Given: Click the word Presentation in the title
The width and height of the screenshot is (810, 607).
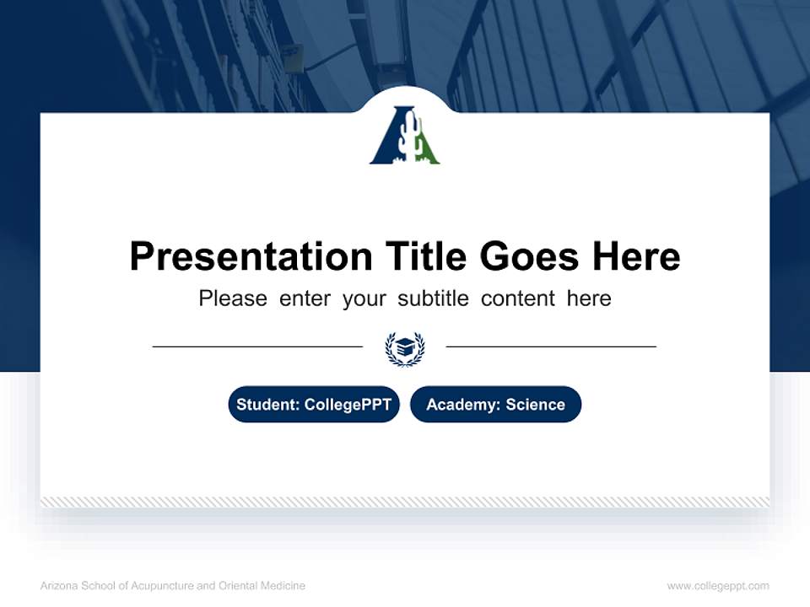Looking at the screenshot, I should [251, 256].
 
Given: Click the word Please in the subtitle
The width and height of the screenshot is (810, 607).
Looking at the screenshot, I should [233, 298].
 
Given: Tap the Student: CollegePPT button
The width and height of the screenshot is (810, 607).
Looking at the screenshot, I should [314, 405].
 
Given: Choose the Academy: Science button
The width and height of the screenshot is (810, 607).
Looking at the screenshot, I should [495, 405].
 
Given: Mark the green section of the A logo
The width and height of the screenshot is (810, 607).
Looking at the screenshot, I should [427, 151].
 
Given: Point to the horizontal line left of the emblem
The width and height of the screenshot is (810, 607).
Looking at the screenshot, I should [257, 346].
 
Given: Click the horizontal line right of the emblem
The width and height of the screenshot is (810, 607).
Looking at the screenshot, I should [551, 346].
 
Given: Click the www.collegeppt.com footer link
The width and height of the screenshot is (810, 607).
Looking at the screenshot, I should [718, 586].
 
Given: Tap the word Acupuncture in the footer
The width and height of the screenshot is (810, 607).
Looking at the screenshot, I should [161, 586].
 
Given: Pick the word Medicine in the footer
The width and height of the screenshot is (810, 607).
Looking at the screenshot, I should [283, 586].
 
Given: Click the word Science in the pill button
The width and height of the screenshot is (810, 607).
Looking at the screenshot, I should [535, 405].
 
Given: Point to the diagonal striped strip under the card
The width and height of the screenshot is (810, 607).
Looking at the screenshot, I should [405, 502].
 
